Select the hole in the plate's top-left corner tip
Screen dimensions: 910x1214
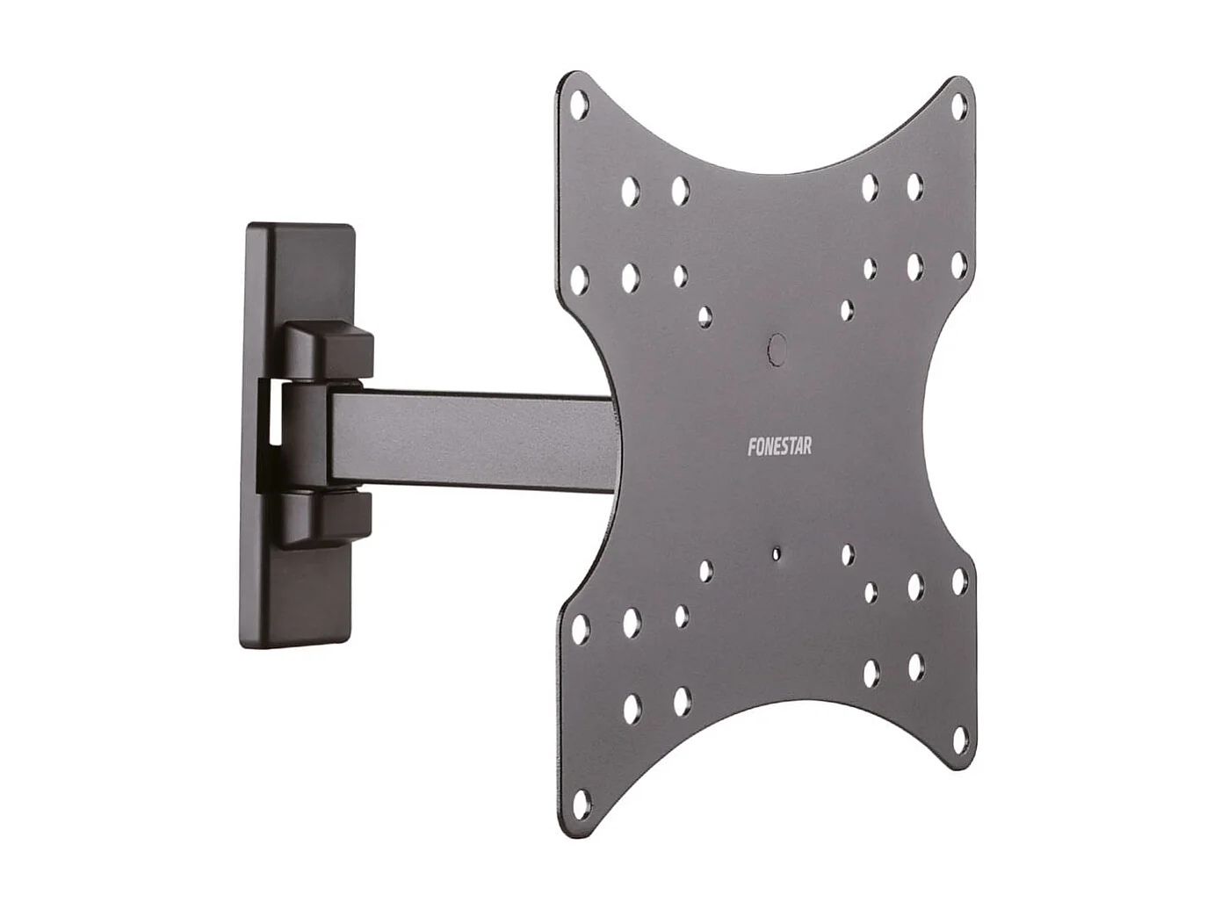coord(577,105)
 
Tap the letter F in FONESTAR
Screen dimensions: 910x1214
coord(751,447)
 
